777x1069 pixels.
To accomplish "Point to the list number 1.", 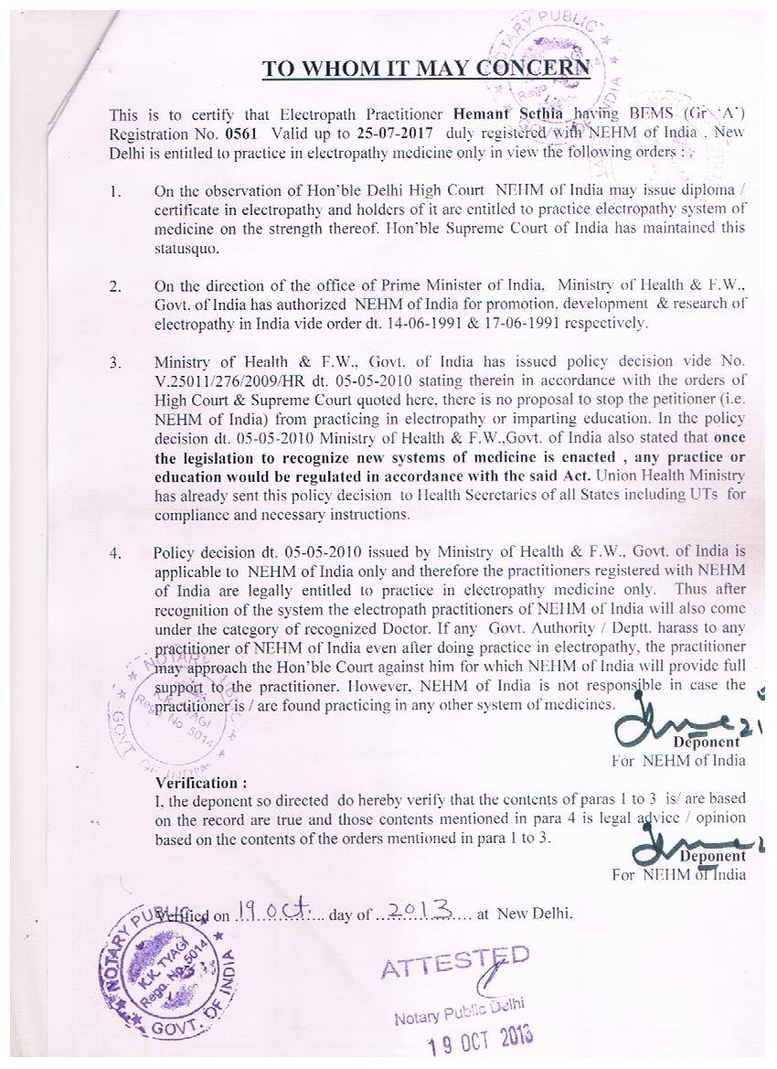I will (115, 193).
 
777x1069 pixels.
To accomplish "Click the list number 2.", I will (115, 286).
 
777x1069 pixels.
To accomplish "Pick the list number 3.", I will (115, 363).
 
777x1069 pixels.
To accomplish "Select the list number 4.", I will (115, 552).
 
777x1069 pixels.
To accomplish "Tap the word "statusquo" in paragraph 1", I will (186, 247).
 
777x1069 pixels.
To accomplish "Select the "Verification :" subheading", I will (201, 783).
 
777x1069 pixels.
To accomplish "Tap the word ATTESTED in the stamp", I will (454, 963).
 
